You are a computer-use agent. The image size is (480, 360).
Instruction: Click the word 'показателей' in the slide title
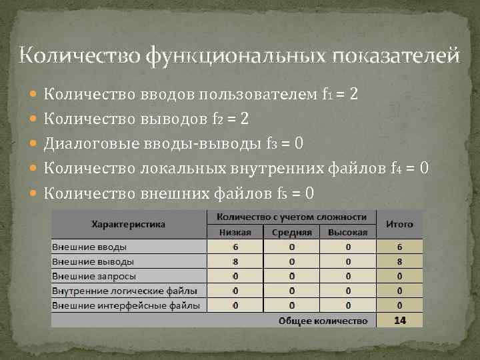coord(394,55)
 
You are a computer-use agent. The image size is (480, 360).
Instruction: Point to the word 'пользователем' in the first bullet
coord(263,95)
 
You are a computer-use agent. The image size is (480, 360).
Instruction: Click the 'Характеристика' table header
coord(128,224)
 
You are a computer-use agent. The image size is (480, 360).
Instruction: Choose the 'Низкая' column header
coord(235,232)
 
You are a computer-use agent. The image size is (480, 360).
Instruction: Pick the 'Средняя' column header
coord(291,232)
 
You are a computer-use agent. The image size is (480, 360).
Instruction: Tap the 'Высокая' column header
coord(347,232)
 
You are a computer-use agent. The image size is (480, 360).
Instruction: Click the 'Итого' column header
coord(399,224)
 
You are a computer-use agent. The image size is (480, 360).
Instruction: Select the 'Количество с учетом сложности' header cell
coord(291,217)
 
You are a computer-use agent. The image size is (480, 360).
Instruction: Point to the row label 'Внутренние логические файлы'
coord(119,291)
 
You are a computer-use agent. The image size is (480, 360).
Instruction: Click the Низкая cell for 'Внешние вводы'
coord(235,247)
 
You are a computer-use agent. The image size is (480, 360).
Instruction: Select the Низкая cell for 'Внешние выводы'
coord(235,261)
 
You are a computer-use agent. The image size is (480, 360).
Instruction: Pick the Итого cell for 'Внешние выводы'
coord(399,261)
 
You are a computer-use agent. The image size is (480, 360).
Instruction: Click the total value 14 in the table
coord(399,321)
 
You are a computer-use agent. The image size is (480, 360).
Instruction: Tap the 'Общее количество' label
coord(323,321)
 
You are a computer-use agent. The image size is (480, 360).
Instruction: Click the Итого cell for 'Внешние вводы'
coord(399,247)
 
